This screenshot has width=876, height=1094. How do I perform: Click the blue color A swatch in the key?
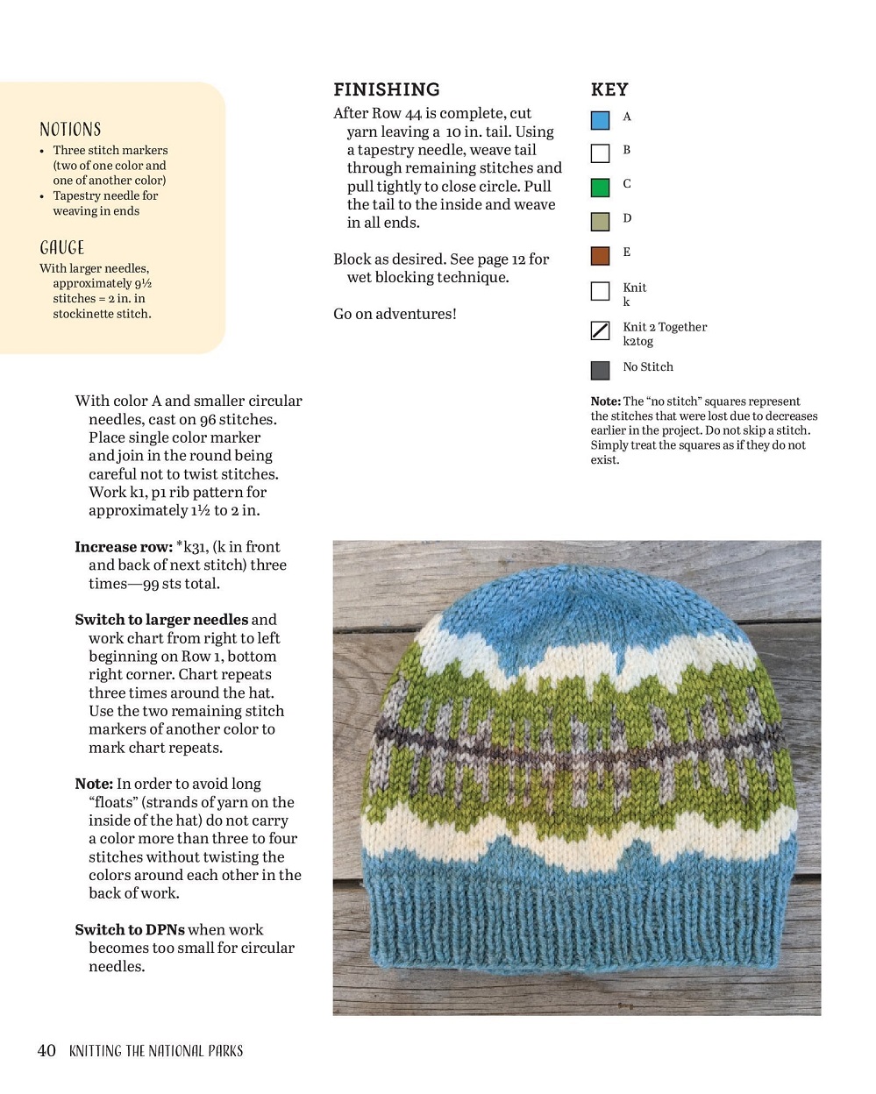coord(600,120)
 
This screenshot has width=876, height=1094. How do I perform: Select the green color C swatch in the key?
coord(600,188)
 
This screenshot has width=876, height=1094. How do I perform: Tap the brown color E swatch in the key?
coord(600,256)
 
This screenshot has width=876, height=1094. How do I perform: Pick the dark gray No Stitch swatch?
coord(600,370)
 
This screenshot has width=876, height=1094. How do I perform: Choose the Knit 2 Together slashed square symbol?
coord(600,330)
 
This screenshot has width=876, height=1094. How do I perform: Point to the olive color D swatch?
coord(600,222)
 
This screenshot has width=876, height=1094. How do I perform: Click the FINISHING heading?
coord(386,89)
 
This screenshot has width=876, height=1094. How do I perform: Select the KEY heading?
coord(609,89)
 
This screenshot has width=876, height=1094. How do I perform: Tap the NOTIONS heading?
coord(70,130)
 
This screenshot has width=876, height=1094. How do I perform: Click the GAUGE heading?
coord(62,248)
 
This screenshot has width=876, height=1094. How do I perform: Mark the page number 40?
coord(46,1050)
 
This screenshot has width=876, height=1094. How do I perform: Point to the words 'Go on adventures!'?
coord(395,314)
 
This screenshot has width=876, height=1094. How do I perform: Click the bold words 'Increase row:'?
coord(123,547)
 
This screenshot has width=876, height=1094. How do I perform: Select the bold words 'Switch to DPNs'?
coord(129,930)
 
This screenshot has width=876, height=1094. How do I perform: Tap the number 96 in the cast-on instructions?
coord(208,420)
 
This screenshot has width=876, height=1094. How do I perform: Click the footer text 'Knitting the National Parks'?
coord(156,1051)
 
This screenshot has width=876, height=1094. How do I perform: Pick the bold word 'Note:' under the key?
coord(605,401)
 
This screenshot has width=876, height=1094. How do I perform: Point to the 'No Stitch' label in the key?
coord(648,367)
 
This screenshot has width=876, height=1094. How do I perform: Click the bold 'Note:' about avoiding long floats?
coord(94,785)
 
